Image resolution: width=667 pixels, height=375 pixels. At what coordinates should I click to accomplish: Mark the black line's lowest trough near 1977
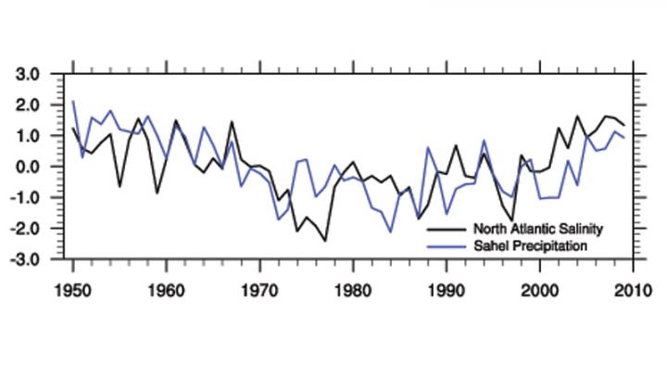tap(325, 241)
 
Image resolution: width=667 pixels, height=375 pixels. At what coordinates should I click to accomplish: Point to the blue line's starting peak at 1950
tap(73, 102)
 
